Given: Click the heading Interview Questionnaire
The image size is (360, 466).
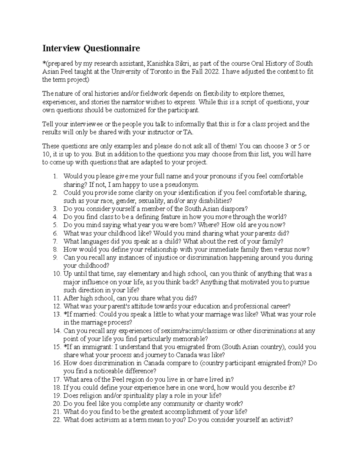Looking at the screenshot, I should click(x=91, y=48).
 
